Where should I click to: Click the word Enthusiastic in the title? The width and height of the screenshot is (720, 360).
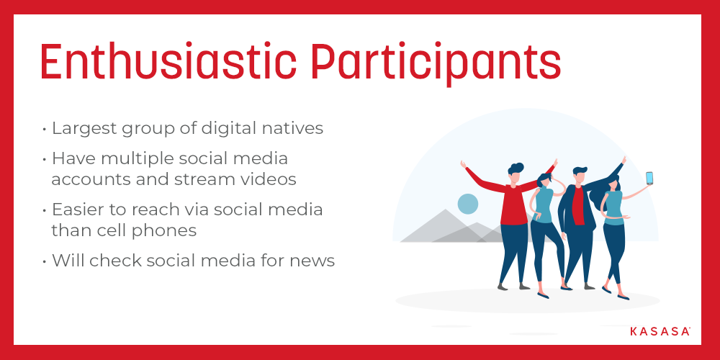[168, 61]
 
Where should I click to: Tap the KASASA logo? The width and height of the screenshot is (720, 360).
[660, 331]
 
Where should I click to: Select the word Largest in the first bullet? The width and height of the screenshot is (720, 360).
[84, 129]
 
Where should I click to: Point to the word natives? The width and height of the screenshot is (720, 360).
[294, 128]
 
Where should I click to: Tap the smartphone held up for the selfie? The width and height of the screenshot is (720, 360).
[649, 178]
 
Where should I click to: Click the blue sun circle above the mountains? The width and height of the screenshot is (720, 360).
[468, 204]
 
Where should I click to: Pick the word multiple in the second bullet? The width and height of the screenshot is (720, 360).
[127, 159]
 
